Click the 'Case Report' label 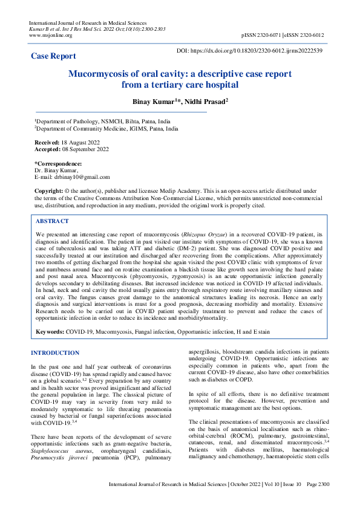[53, 56]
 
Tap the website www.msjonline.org [50, 36]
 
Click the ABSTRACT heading [53, 221]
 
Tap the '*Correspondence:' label [57, 164]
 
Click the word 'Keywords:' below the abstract [50, 332]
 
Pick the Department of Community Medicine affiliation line [106, 129]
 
